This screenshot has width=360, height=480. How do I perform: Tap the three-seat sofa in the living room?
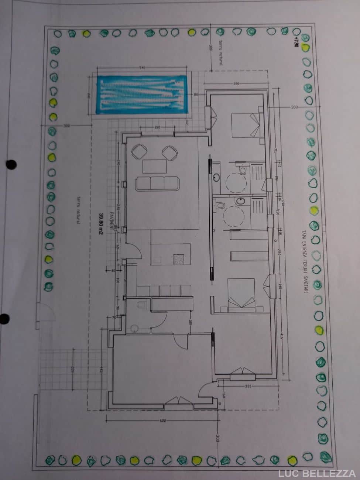(x=157, y=183)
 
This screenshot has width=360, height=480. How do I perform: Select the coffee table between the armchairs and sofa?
(x=154, y=166)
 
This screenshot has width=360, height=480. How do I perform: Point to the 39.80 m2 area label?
(x=100, y=224)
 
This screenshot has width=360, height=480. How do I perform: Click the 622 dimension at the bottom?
(x=163, y=421)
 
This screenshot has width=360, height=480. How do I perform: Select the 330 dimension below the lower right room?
(x=248, y=386)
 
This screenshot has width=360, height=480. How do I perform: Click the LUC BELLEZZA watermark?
(x=317, y=473)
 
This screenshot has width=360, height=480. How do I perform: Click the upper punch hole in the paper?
(x=12, y=164)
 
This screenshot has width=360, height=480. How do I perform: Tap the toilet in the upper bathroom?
(x=242, y=170)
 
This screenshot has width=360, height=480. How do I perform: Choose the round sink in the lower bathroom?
(x=240, y=201)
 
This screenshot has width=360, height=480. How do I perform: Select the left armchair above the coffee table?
(x=139, y=152)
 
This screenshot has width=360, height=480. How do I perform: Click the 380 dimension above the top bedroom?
(x=236, y=83)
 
